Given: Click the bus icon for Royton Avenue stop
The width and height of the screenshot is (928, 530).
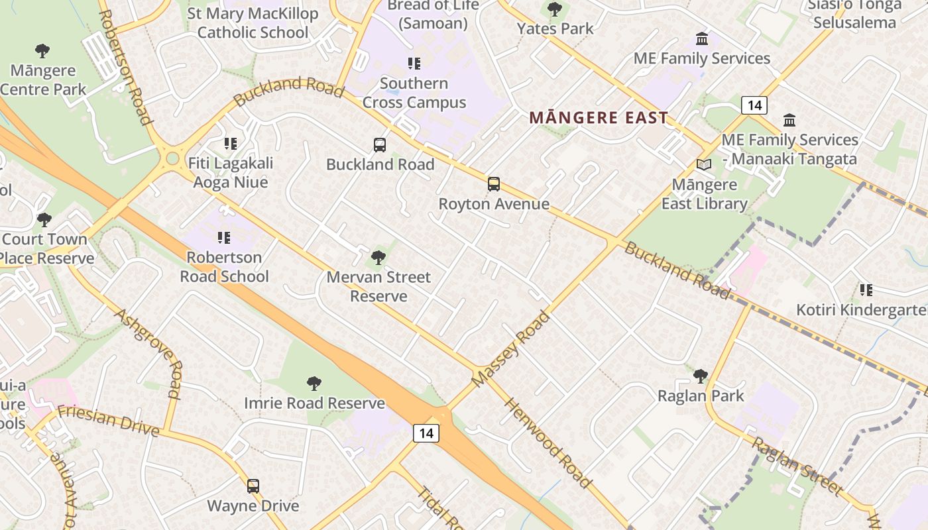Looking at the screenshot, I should [494, 184].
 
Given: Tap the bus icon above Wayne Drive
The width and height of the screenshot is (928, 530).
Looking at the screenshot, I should [253, 486].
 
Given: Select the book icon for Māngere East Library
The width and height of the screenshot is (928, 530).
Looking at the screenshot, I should [704, 164].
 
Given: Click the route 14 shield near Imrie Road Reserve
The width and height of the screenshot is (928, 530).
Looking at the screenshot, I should [426, 433].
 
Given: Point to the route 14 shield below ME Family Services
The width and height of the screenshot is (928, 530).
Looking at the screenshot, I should [754, 105].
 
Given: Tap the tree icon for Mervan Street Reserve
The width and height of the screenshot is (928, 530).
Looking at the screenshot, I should [378, 257].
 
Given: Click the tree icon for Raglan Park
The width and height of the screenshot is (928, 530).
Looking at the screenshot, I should [701, 376].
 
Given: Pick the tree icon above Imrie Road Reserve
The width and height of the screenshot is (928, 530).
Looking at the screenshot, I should [314, 383].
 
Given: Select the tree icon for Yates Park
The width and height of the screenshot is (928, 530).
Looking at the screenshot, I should [555, 9].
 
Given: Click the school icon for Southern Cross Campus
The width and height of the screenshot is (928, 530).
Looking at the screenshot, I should [414, 64].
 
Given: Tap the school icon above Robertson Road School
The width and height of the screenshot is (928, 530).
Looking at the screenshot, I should [224, 237].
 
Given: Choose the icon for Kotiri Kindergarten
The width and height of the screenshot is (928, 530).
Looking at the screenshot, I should [866, 290].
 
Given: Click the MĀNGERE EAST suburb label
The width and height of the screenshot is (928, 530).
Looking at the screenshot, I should [599, 119].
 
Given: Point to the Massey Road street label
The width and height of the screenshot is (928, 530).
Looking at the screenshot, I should [510, 349].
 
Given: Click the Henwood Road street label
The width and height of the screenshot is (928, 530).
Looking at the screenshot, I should [548, 443].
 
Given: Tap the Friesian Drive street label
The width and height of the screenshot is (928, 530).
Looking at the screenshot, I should [108, 421].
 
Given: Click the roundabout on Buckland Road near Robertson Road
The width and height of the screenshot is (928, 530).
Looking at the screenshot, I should [173, 158].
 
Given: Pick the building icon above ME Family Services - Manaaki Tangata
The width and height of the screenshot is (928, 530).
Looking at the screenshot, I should [789, 121].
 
